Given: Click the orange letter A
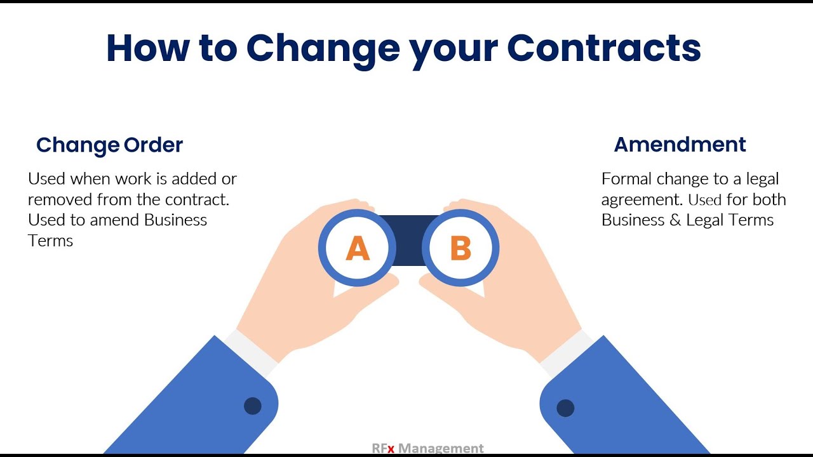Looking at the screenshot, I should [358, 248].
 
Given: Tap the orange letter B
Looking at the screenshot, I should [460, 248].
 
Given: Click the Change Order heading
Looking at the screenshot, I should [109, 145].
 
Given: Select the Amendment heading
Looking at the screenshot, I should [680, 145].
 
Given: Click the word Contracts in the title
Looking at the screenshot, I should [603, 47].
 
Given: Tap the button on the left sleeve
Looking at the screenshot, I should [253, 406].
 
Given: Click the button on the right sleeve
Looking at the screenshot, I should [565, 408].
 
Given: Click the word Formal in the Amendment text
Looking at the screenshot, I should [627, 179].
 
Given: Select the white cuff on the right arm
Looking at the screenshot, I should [567, 352].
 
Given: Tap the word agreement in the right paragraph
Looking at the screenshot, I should [642, 200].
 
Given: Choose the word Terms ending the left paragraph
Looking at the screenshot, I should [51, 241].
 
